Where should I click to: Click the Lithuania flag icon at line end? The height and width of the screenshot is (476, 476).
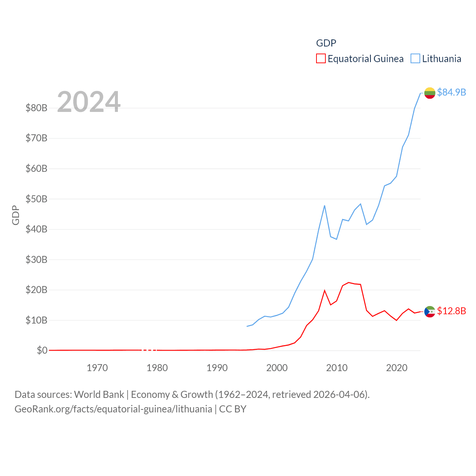tap(430, 93)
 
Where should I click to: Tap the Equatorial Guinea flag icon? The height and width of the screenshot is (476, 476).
tap(430, 312)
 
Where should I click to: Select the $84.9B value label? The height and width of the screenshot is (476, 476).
tap(451, 92)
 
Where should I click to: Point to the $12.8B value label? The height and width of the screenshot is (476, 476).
tap(451, 311)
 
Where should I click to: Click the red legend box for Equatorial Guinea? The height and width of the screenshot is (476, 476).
tap(321, 59)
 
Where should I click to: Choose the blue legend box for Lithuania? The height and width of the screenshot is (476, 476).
tap(415, 59)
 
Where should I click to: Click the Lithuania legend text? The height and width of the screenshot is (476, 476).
tap(441, 59)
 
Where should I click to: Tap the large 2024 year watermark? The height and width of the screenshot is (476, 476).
tap(89, 102)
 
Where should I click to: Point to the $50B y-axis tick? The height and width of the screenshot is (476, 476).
tap(36, 199)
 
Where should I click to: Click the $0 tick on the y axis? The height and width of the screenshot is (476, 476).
tap(42, 350)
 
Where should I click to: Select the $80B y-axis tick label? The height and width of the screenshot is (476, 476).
tap(36, 108)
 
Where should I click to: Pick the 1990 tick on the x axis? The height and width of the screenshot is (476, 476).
tap(217, 368)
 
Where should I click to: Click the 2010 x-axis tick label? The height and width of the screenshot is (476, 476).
tap(337, 368)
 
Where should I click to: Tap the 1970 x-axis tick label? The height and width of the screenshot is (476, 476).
tap(97, 368)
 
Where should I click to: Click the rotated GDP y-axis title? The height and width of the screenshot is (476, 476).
tap(16, 215)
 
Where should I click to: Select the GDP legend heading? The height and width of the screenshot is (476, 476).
tap(326, 43)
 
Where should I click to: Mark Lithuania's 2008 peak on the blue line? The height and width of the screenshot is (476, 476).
tap(325, 206)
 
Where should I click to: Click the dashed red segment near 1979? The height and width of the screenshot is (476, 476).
tap(150, 350)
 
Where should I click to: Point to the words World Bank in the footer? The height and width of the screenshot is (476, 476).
tap(99, 394)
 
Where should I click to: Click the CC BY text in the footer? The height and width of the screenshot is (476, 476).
tap(233, 409)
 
